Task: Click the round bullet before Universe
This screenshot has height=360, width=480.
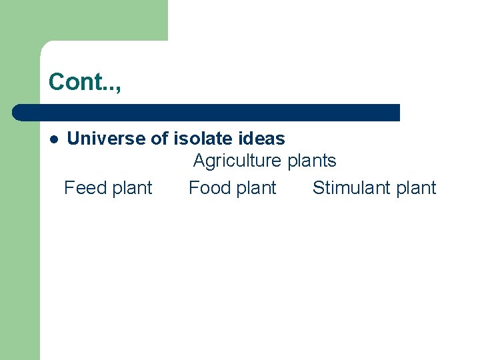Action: click(53, 139)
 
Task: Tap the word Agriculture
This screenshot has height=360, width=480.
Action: click(237, 161)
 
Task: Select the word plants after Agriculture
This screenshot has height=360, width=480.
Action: click(312, 161)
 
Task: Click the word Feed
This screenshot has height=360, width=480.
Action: click(83, 188)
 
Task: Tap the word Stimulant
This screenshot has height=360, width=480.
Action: click(351, 188)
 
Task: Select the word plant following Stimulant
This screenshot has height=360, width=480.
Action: click(416, 189)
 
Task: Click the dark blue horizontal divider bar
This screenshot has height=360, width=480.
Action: click(207, 112)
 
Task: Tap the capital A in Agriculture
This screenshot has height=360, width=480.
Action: click(199, 161)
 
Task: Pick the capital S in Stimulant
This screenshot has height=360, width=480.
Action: click(318, 188)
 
